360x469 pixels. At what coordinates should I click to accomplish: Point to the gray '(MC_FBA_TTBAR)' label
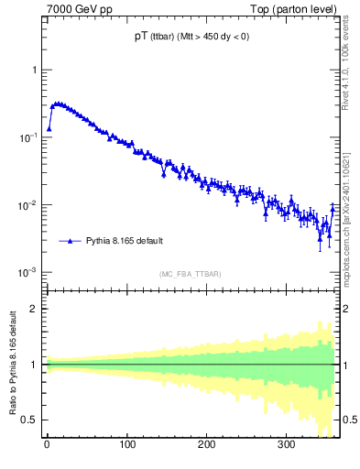tap(190, 274)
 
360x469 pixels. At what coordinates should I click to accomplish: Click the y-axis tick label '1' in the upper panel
tap(34, 70)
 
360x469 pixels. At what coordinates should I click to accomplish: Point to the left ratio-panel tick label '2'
tap(34, 309)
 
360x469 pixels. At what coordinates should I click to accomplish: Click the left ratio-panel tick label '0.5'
tap(30, 420)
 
